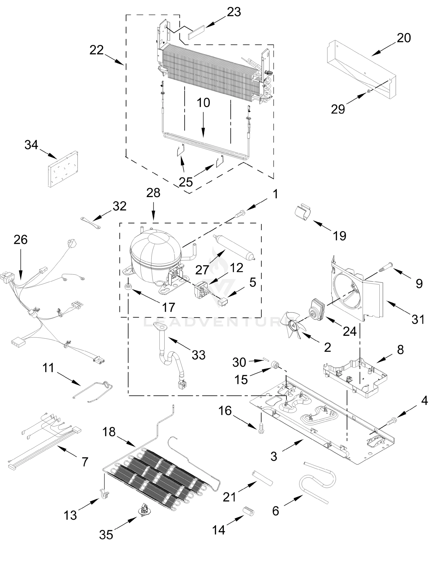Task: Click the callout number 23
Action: tap(234, 12)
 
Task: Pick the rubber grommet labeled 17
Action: tap(128, 286)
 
